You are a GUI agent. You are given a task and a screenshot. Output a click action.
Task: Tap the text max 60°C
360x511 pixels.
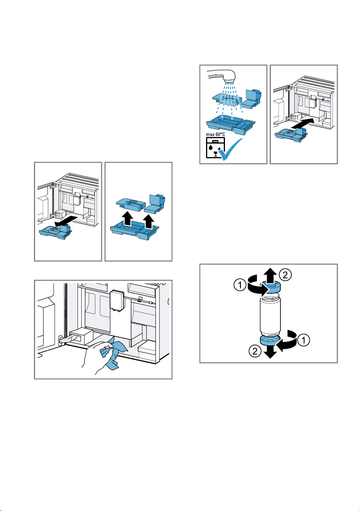pos(215,134)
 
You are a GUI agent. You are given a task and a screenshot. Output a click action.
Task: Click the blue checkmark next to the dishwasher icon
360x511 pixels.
pos(231,149)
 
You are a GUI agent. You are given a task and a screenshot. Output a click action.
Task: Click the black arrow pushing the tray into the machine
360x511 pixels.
pos(304,123)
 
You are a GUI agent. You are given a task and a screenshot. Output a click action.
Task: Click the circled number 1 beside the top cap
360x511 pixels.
pos(240,285)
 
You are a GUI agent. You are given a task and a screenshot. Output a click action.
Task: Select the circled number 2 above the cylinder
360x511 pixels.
pos(285,274)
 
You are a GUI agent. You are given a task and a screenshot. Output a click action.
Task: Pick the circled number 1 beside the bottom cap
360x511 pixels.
pos(303,340)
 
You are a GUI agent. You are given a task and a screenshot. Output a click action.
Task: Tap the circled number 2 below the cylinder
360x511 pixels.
pos(255,351)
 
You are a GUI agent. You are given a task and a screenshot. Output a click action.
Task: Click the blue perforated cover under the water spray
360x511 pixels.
pos(227,100)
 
